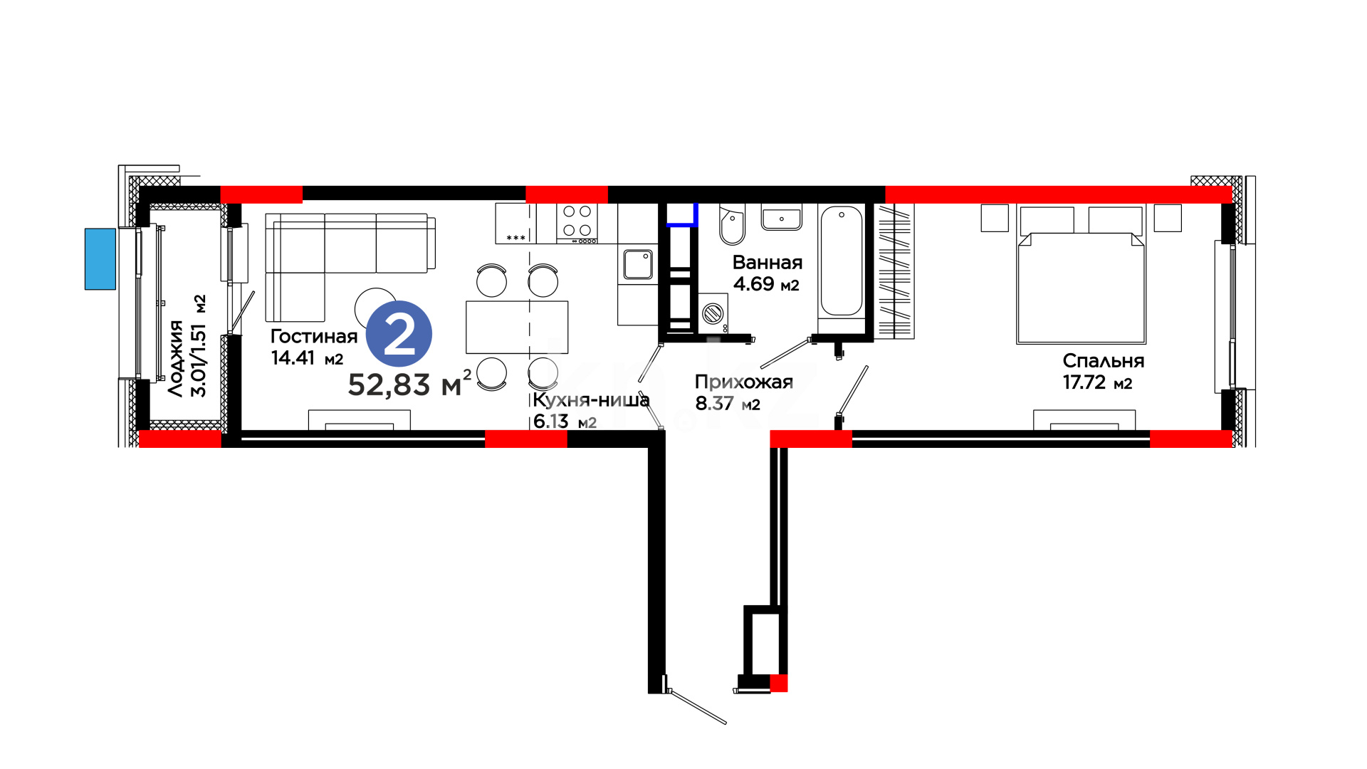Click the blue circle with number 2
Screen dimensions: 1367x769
(x=399, y=334)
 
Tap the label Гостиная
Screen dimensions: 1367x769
(x=314, y=336)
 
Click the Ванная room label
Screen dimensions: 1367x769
(x=768, y=263)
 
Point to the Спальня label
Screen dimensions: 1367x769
(x=1104, y=361)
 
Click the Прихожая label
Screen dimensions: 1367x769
(x=744, y=382)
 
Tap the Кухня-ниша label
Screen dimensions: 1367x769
(x=591, y=400)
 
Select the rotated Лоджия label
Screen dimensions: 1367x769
(x=176, y=358)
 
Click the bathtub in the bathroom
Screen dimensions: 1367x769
(x=842, y=261)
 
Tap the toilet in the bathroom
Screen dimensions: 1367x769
(x=732, y=224)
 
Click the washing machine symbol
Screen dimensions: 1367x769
(x=713, y=313)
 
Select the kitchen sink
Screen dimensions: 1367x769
(x=638, y=264)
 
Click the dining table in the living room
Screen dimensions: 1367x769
(x=517, y=327)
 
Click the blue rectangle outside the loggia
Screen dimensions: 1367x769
(x=100, y=259)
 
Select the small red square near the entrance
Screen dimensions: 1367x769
(x=779, y=684)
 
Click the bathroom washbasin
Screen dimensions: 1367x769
(x=782, y=218)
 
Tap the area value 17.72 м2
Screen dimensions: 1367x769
(x=1097, y=382)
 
